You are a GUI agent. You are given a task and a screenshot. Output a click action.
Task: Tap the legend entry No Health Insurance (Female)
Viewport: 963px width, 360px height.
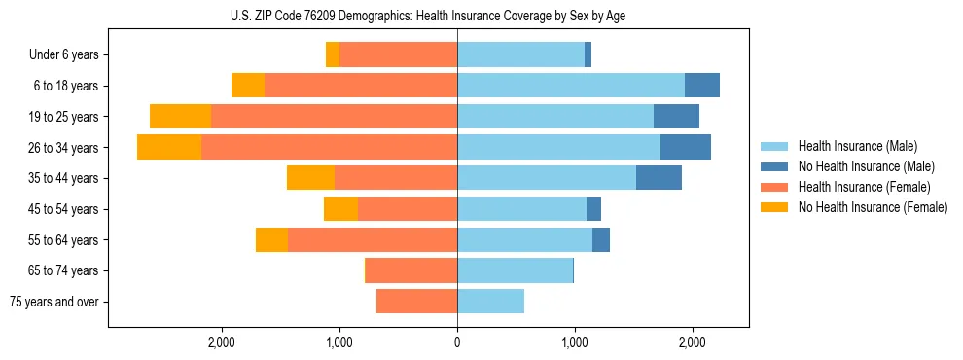pyautogui.click(x=872, y=207)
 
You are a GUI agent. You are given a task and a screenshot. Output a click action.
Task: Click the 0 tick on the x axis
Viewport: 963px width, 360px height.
pyautogui.click(x=457, y=342)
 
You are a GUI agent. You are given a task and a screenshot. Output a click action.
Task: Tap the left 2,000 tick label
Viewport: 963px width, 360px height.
pyautogui.click(x=222, y=342)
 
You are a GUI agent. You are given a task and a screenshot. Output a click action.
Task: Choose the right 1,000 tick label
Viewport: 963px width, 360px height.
pyautogui.click(x=575, y=342)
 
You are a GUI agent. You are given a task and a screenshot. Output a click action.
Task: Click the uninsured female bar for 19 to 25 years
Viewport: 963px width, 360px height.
pyautogui.click(x=180, y=117)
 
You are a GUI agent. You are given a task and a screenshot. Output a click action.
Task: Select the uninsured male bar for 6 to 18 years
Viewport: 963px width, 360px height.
pyautogui.click(x=702, y=86)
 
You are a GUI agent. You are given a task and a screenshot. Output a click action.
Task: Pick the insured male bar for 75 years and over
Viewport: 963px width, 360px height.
pyautogui.click(x=490, y=302)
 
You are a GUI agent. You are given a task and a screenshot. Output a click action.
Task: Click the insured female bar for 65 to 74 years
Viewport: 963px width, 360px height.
pyautogui.click(x=411, y=270)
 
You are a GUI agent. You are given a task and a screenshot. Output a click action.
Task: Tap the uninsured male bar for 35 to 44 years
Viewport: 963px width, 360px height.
pyautogui.click(x=659, y=178)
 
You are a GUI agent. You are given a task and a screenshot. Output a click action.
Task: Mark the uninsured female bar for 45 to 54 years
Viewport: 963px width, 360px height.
pyautogui.click(x=340, y=209)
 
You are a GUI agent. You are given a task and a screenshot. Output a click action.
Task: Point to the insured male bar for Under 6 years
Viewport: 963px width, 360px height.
pyautogui.click(x=520, y=55)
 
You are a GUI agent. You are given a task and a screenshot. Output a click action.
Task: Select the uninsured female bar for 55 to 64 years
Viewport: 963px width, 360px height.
pyautogui.click(x=271, y=240)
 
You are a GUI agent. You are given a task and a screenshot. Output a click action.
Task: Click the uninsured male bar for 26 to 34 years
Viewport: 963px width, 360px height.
pyautogui.click(x=686, y=148)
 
